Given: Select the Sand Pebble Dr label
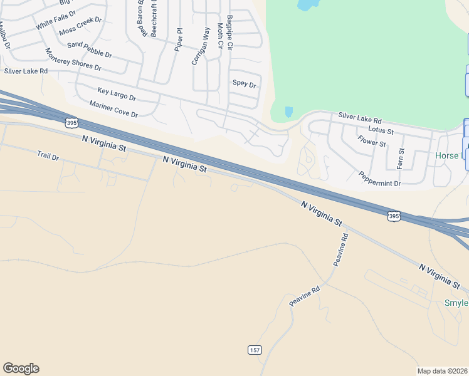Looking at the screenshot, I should [x=89, y=50].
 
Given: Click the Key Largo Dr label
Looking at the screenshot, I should [x=117, y=94].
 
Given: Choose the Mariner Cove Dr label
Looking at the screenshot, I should [x=113, y=109].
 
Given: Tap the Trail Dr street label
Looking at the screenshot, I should [x=48, y=155].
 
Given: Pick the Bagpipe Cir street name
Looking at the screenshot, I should [x=230, y=33].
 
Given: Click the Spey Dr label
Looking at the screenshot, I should [x=245, y=84].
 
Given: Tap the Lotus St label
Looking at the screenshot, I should [x=381, y=130].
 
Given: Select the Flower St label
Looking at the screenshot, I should [x=371, y=142].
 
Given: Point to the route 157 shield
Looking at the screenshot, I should [x=254, y=349].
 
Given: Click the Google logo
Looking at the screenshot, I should [x=21, y=368].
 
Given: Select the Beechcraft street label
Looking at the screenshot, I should [x=154, y=19].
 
